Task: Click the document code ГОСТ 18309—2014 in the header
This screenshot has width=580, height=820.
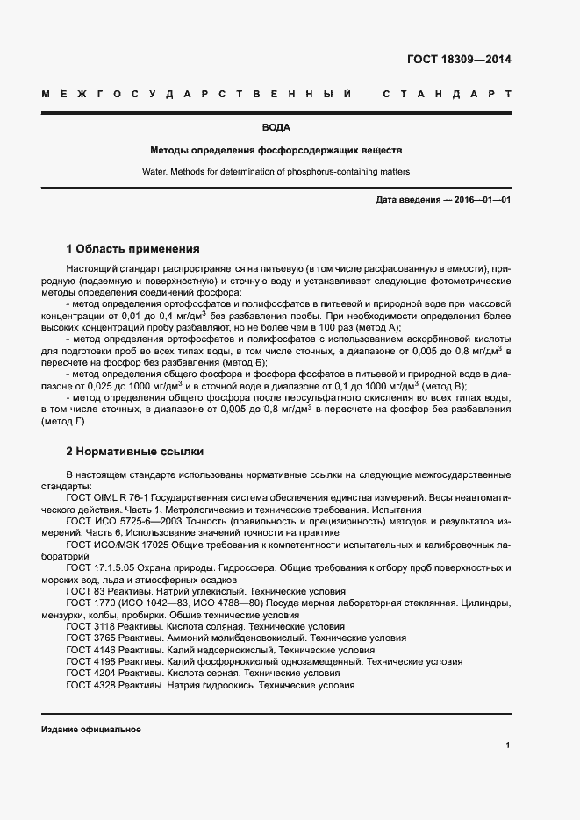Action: (x=459, y=61)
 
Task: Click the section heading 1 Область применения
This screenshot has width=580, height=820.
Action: (x=133, y=249)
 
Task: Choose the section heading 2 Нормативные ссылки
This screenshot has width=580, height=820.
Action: (x=135, y=452)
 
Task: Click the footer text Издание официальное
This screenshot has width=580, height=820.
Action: (x=91, y=730)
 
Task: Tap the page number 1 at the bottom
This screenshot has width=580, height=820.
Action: (x=508, y=745)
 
